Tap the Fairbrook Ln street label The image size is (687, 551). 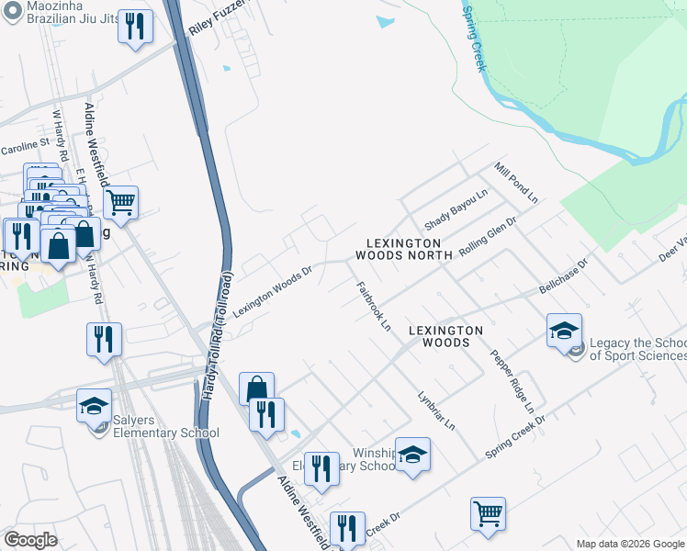coord(373,306)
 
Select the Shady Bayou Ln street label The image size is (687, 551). coord(455,211)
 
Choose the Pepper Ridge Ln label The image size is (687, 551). coord(512,380)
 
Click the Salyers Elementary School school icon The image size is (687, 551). coord(94,405)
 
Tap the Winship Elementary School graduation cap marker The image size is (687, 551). coord(413,454)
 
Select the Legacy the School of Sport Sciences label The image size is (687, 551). coord(637,349)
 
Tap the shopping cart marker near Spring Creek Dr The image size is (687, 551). coord(488,513)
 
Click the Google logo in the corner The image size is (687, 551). coord(30,540)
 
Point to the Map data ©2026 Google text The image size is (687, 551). coord(630,544)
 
